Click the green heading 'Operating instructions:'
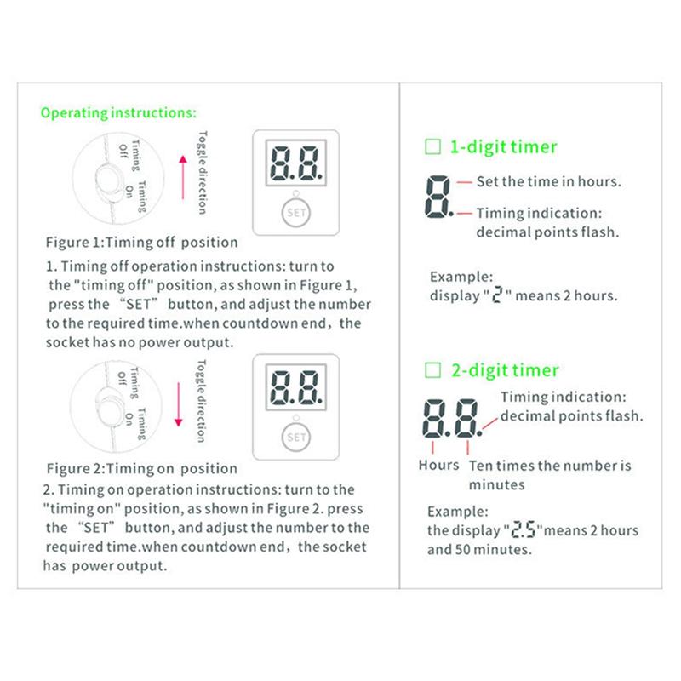pos(118,112)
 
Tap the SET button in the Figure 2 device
pos(296,438)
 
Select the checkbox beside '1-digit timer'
pos(432,146)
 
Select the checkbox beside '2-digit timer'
pos(432,370)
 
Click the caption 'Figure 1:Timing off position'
pos(141,243)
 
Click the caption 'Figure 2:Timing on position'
pos(141,469)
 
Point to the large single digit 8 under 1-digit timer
pos(437,195)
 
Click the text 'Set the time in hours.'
pos(548,181)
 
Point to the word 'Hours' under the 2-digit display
pos(438,466)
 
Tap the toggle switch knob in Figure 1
pos(108,177)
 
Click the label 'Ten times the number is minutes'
pos(550,474)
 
